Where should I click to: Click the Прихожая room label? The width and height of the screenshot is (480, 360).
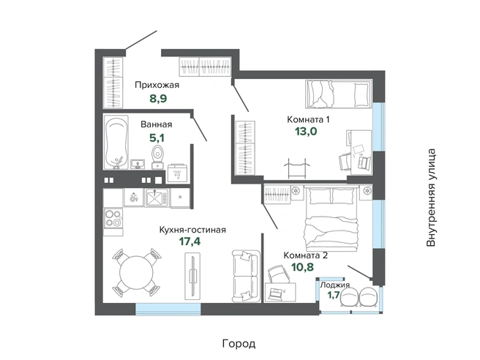point(157,85)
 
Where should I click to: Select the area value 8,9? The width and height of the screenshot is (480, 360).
point(158,99)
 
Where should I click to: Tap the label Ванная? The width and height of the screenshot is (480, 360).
point(156,124)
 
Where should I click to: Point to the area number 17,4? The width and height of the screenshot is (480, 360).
point(190,241)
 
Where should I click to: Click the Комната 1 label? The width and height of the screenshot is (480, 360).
point(308,119)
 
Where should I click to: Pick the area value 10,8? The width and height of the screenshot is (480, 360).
point(302,267)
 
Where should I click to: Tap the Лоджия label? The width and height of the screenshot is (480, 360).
point(334,285)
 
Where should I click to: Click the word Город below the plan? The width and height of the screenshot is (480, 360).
point(239,344)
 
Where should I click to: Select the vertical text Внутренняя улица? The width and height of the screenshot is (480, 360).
point(431,198)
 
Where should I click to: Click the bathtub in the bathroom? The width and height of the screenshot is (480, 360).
point(116,142)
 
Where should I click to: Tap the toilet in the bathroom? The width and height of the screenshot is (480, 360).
point(157,157)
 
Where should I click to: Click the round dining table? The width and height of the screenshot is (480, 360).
point(136,272)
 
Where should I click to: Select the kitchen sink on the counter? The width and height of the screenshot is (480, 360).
point(157,198)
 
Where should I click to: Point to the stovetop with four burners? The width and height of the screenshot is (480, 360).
point(113,218)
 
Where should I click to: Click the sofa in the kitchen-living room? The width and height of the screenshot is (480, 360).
point(246,276)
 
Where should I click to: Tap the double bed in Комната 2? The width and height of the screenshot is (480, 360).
point(331,217)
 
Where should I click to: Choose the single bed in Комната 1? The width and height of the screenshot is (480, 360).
point(339,94)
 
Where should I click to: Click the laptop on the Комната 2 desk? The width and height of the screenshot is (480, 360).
point(274,294)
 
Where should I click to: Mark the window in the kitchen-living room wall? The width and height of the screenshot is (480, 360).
point(168,310)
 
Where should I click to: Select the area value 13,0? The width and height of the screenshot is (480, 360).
point(306,131)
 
